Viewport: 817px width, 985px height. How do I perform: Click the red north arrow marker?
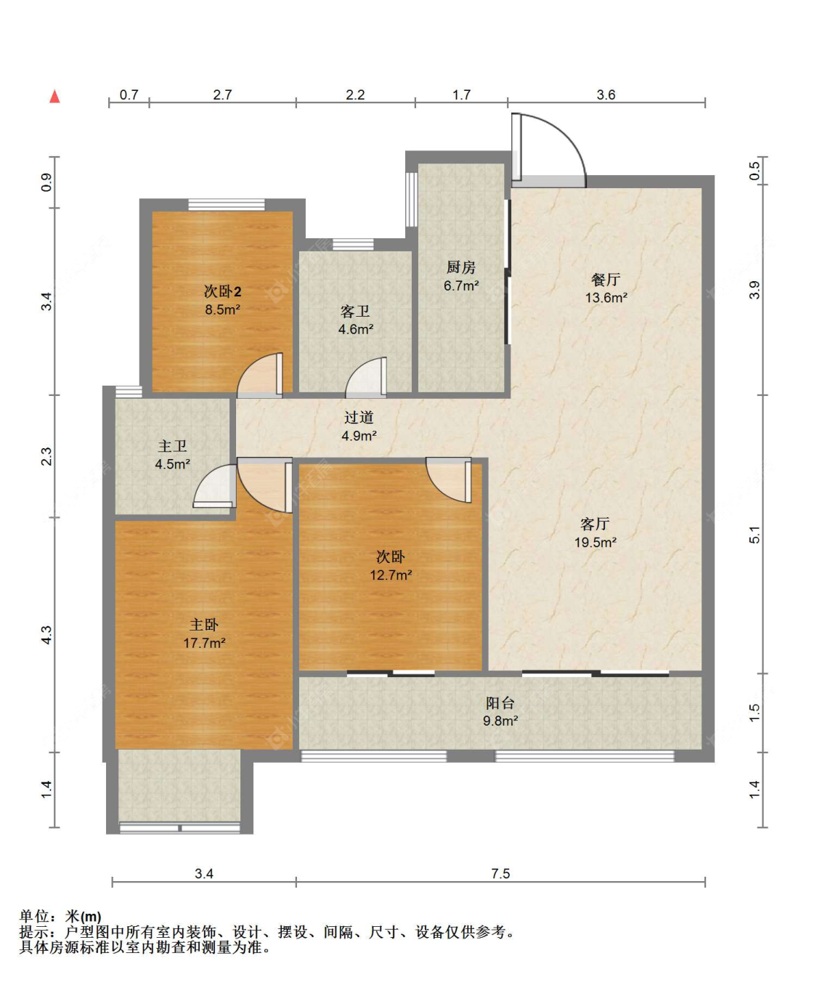54,96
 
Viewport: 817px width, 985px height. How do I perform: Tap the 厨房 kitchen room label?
461,267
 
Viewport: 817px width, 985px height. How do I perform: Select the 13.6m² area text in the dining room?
606,298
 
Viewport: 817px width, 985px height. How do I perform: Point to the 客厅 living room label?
595,524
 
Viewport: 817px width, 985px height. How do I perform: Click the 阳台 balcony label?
500,703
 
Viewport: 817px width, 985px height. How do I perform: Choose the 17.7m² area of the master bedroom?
204,643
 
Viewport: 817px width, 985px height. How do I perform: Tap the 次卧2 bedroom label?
222,291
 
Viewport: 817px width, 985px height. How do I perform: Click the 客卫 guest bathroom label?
355,311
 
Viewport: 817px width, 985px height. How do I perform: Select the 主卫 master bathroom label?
172,446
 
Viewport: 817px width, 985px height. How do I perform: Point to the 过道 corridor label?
359,417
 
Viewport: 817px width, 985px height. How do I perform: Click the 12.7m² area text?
391,575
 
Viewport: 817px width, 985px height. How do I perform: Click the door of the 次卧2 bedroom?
261,375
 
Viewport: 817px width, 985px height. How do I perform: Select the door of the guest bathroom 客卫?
367,377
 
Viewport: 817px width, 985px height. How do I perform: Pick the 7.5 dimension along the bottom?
500,874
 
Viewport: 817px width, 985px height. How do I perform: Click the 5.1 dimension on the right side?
755,534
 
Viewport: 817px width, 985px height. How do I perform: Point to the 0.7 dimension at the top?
129,95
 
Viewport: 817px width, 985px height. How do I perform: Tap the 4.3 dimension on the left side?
46,634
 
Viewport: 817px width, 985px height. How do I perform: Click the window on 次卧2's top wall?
227,205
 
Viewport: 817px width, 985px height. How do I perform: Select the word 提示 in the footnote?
34,932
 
